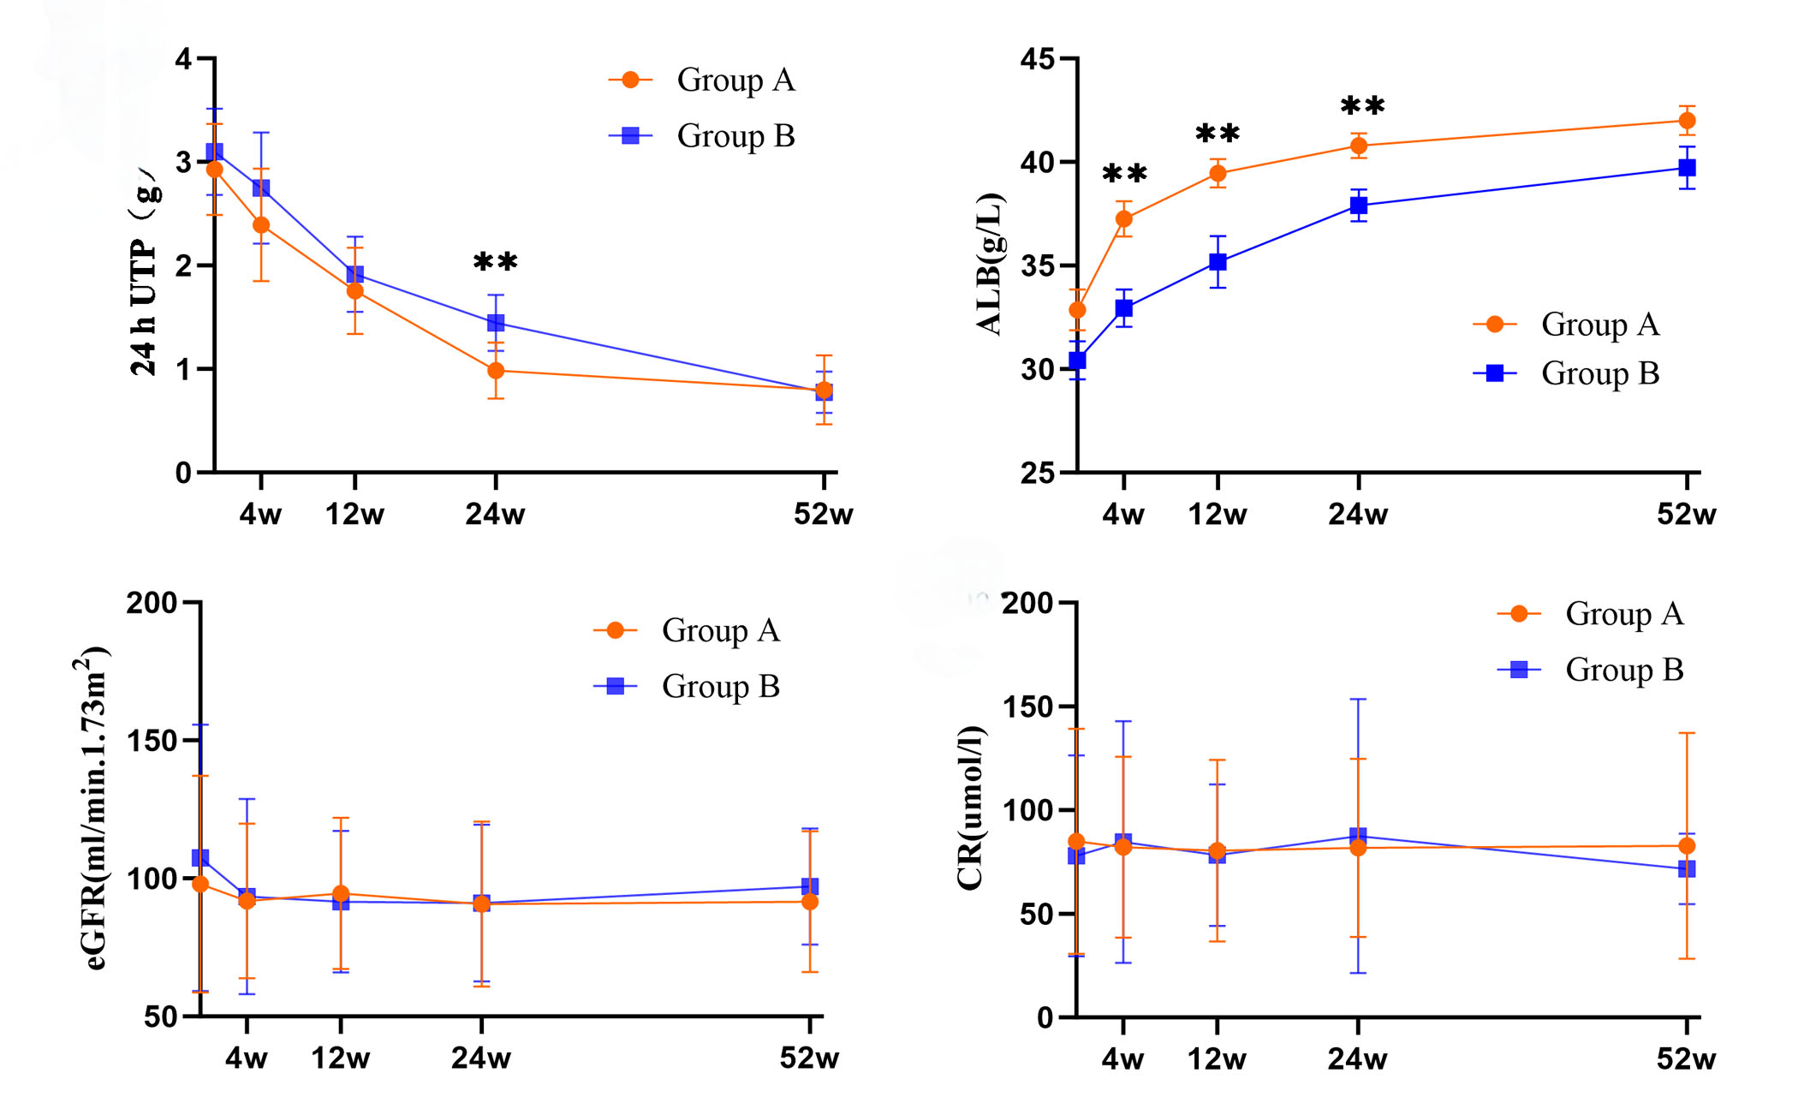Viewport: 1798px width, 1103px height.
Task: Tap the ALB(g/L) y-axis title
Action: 990,264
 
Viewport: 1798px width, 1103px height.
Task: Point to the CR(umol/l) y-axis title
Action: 970,808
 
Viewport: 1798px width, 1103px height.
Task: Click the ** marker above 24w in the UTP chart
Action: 496,262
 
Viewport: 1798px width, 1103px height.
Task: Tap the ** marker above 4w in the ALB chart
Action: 1124,174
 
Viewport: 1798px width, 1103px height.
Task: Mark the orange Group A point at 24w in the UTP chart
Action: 496,371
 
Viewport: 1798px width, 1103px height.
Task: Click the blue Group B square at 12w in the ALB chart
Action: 1218,262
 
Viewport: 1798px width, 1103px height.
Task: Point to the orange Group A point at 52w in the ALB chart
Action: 1687,121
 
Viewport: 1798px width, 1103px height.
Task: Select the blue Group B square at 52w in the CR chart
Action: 1687,868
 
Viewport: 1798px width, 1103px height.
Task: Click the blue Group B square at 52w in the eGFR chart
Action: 810,886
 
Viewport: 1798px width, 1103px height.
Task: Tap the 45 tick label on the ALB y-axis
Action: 1039,59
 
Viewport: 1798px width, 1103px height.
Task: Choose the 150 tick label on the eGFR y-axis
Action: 152,741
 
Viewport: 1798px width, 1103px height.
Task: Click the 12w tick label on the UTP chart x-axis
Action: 354,515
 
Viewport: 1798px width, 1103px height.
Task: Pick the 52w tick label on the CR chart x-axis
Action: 1686,1059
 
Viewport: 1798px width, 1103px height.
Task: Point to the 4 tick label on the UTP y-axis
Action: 183,59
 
